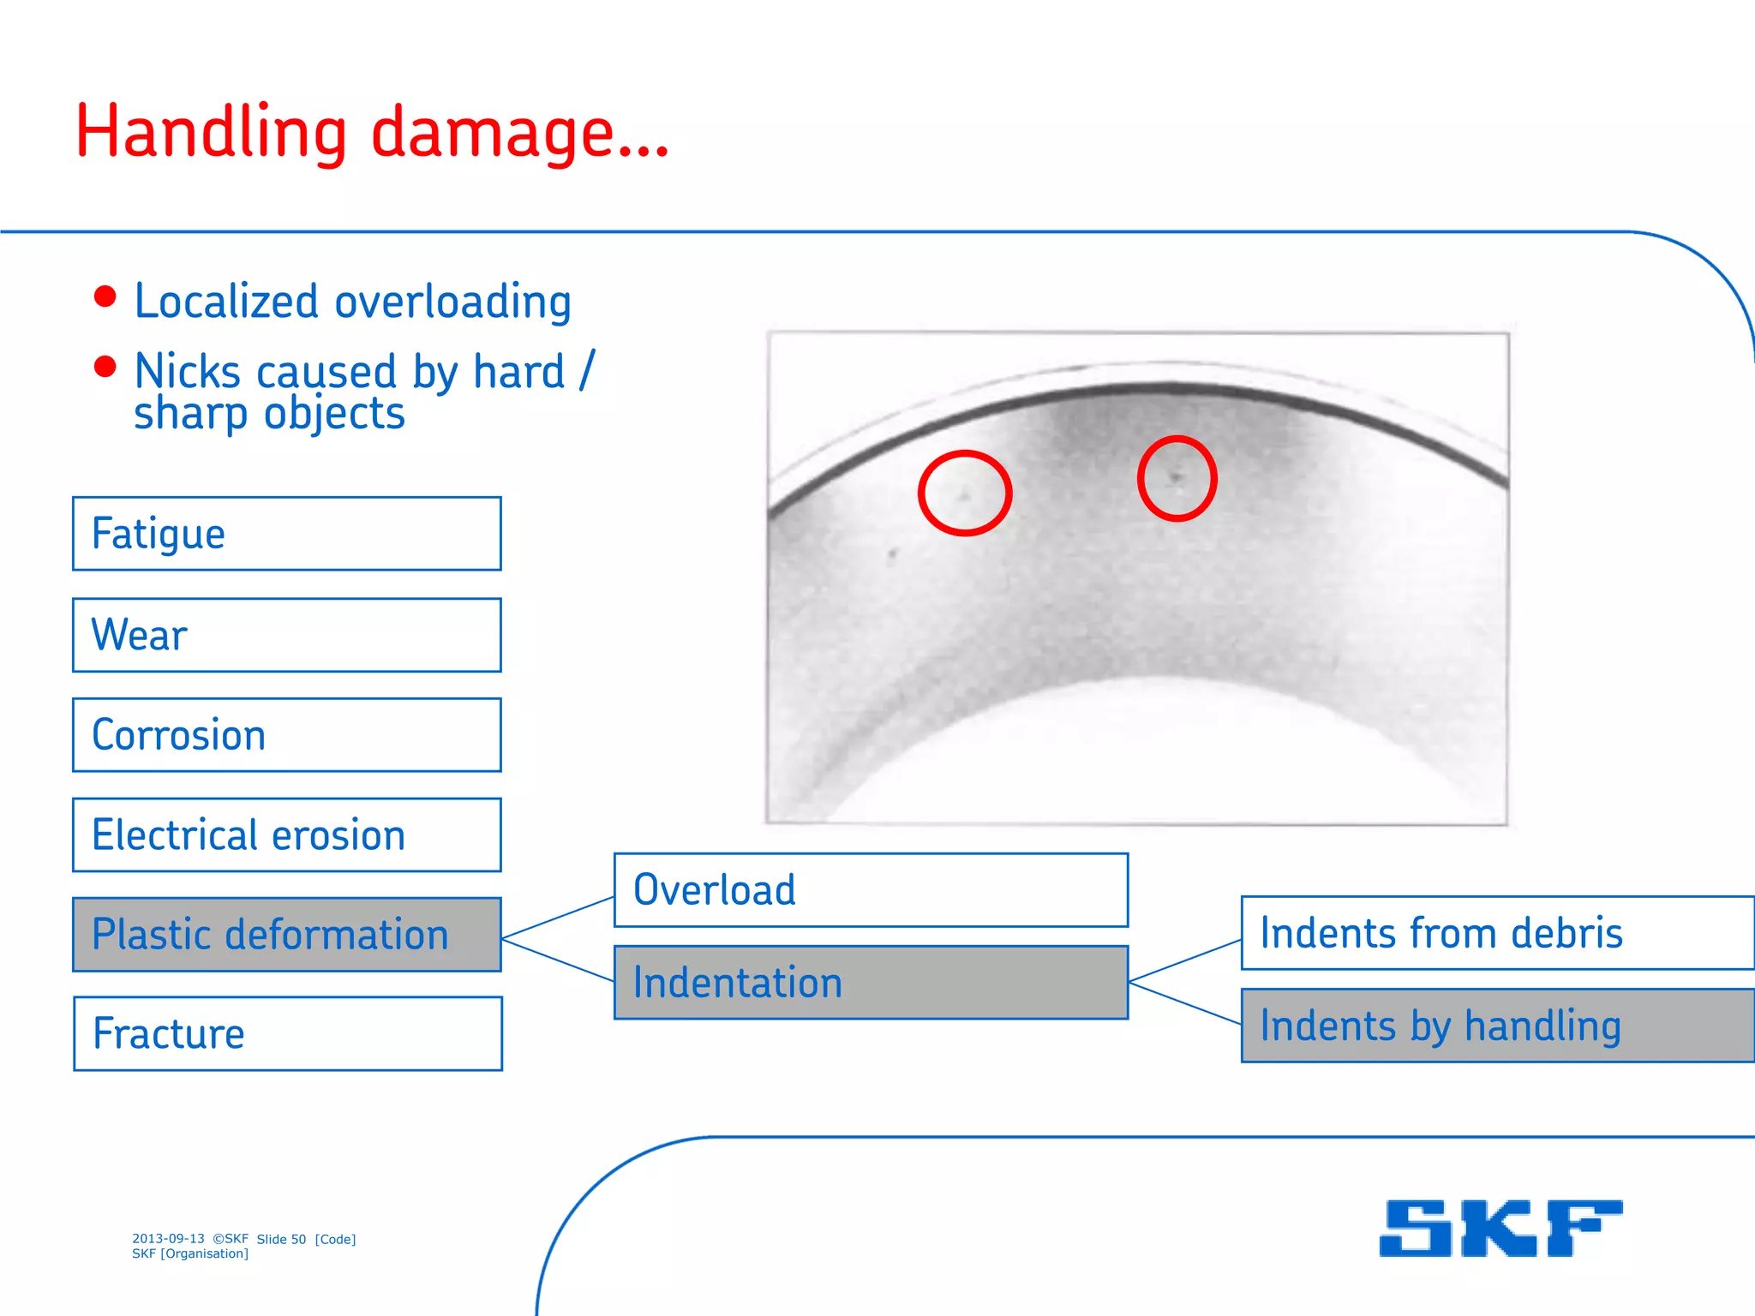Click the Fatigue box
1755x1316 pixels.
[x=286, y=534]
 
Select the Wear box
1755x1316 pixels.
[x=286, y=635]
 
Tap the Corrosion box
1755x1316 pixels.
[x=286, y=735]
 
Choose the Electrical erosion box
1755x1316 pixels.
[x=286, y=835]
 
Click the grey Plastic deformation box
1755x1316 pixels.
[x=286, y=935]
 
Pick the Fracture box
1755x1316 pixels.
[x=287, y=1033]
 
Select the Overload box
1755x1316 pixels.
[x=871, y=890]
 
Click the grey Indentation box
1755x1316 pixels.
[x=871, y=983]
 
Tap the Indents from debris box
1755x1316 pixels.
[x=1496, y=933]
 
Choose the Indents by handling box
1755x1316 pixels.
[x=1496, y=1026]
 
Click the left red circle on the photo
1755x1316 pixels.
[x=965, y=493]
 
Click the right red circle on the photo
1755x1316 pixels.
[x=1177, y=478]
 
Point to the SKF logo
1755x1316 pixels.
[x=1500, y=1228]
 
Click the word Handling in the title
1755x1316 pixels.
[x=211, y=133]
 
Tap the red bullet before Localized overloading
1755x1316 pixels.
[x=105, y=296]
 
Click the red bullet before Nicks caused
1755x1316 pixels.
[x=105, y=367]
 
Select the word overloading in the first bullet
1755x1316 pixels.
[x=452, y=302]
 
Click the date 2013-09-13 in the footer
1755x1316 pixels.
[x=168, y=1239]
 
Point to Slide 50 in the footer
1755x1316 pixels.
[x=281, y=1239]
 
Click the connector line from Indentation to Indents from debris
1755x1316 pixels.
[x=1185, y=960]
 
